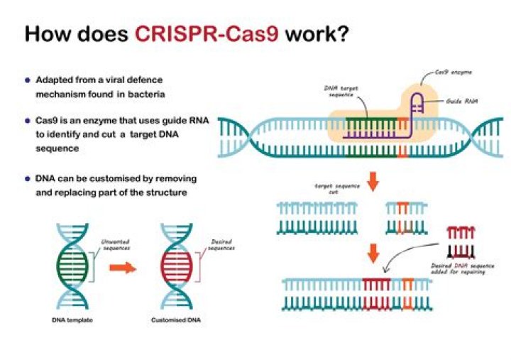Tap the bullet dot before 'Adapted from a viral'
(x=28, y=80)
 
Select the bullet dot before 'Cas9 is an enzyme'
(x=28, y=123)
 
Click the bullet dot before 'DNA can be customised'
(x=28, y=178)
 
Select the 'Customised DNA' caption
(x=176, y=319)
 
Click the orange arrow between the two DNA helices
(x=126, y=269)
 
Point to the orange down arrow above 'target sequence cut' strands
(x=373, y=180)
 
